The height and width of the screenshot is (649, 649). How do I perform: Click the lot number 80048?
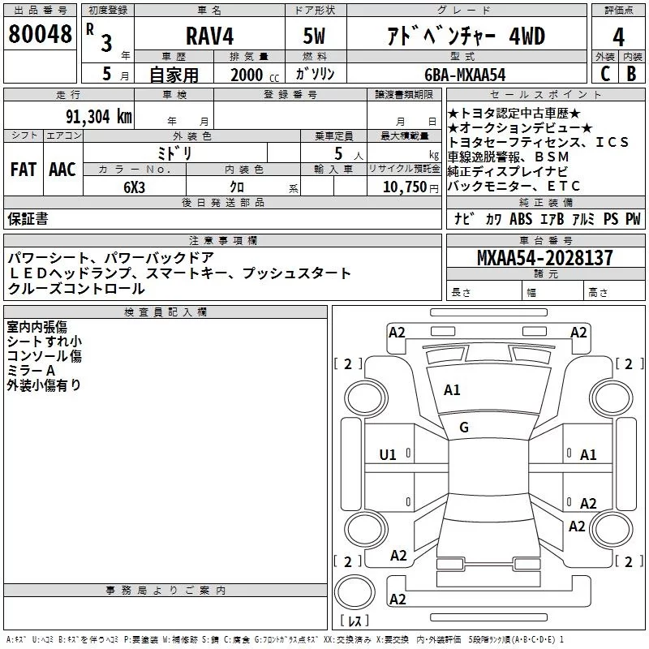[40, 35]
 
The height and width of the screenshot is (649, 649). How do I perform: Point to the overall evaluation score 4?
[618, 37]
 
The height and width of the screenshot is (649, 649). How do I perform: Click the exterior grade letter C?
[604, 73]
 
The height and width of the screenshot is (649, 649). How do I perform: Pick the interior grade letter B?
[631, 73]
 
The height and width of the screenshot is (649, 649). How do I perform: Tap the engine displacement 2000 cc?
[252, 75]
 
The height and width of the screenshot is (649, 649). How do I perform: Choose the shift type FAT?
[23, 169]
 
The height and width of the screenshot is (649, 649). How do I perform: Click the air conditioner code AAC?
[62, 169]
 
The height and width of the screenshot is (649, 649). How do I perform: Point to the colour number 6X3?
[134, 186]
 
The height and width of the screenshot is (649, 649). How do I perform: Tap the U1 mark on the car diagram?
[388, 455]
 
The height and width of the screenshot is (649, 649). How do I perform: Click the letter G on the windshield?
[464, 428]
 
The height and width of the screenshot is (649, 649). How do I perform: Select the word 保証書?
[28, 218]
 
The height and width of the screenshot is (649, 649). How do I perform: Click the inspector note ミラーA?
[31, 370]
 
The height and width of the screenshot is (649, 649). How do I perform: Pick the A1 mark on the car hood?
[452, 390]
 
